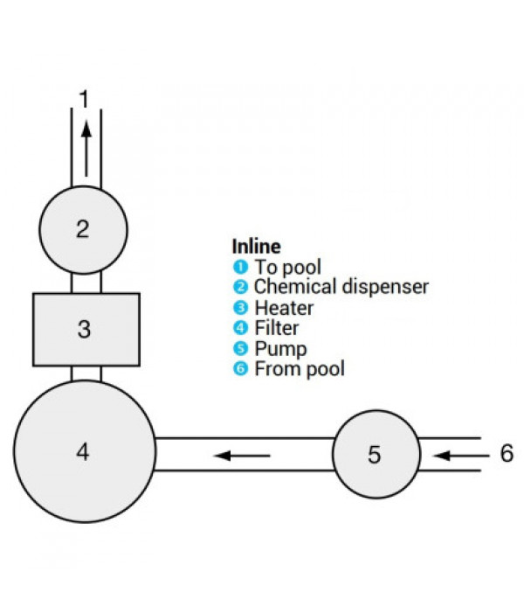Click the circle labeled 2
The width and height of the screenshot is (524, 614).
[x=83, y=230]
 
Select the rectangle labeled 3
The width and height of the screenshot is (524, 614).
[x=86, y=330]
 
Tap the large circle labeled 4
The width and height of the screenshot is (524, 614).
[x=85, y=451]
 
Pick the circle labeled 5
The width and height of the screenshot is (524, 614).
[x=376, y=454]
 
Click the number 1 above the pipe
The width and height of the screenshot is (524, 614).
[x=84, y=99]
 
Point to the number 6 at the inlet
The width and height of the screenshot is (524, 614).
[x=507, y=453]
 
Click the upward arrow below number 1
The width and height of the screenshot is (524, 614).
[x=86, y=149]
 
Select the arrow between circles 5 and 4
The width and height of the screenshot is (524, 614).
[x=242, y=456]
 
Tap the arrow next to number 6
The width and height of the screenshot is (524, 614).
[x=461, y=456]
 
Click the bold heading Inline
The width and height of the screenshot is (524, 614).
[x=257, y=247]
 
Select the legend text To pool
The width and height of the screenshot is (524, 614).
[x=288, y=267]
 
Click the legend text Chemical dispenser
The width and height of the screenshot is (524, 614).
[x=341, y=287]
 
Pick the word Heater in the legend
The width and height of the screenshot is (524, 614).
[x=285, y=308]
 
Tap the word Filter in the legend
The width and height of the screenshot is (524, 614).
[x=277, y=328]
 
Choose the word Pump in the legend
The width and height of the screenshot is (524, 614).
[x=280, y=349]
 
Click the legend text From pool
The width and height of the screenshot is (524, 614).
[x=300, y=369]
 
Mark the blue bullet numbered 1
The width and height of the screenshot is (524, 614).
[x=240, y=267]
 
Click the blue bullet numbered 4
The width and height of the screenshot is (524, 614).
[x=240, y=328]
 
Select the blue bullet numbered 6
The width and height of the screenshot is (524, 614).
[x=240, y=369]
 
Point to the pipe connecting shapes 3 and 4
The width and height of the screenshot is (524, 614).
[x=86, y=374]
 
